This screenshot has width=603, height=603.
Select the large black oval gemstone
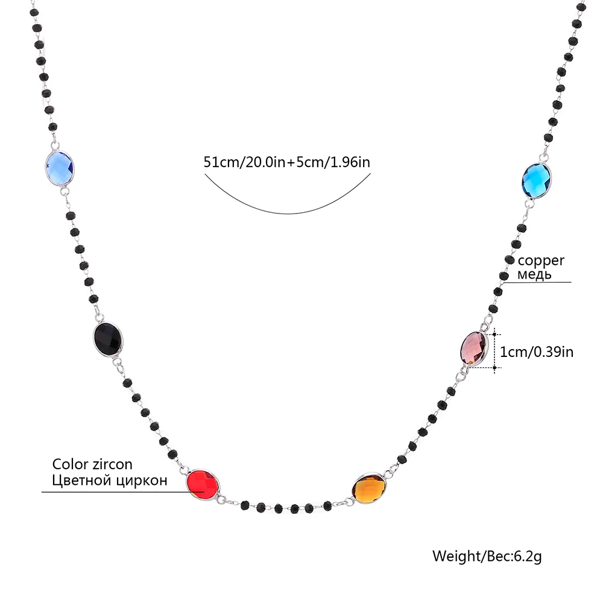109,338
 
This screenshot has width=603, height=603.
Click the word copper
541,260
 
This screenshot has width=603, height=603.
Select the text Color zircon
92,464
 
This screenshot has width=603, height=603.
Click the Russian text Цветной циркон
109,481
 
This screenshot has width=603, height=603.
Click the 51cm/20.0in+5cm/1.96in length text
286,162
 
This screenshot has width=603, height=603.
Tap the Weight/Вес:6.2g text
487,555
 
